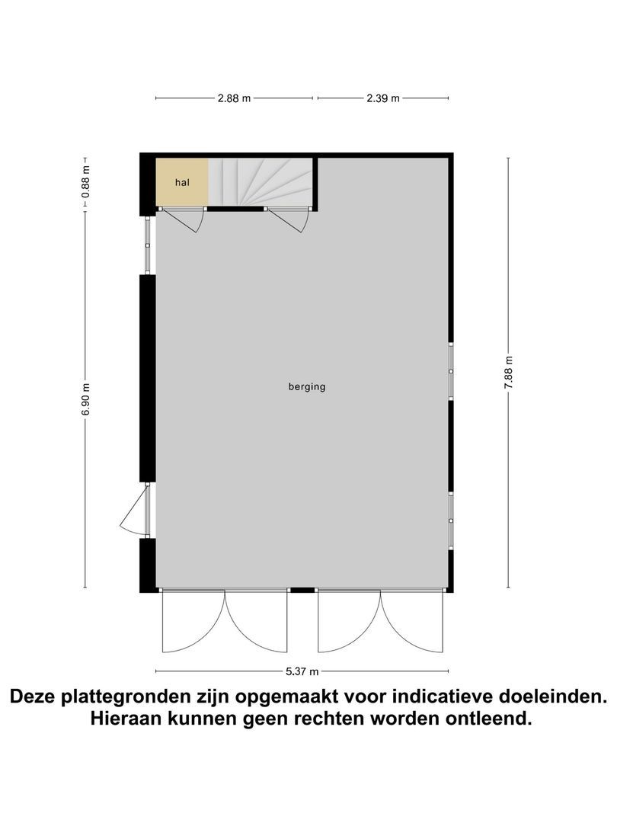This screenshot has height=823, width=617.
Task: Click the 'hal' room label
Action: pyautogui.click(x=181, y=183)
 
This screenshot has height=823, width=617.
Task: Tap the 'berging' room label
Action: pyautogui.click(x=307, y=386)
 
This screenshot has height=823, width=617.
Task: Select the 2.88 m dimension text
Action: pyautogui.click(x=234, y=98)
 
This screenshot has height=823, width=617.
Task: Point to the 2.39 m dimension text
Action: pyautogui.click(x=382, y=98)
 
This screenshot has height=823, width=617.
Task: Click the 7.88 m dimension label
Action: pyautogui.click(x=508, y=373)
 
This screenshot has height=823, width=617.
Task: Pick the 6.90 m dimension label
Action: pyautogui.click(x=85, y=399)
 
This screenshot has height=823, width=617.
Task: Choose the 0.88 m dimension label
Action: pyautogui.click(x=85, y=183)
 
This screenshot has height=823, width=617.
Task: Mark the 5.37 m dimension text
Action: pyautogui.click(x=302, y=671)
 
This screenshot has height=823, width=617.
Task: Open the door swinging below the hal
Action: pyautogui.click(x=183, y=219)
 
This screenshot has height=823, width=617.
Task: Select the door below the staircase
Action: pyautogui.click(x=289, y=219)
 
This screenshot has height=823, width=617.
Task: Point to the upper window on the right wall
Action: pyautogui.click(x=451, y=371)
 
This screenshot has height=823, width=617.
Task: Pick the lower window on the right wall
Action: pyautogui.click(x=451, y=520)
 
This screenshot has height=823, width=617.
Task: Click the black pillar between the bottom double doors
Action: pyautogui.click(x=302, y=589)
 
